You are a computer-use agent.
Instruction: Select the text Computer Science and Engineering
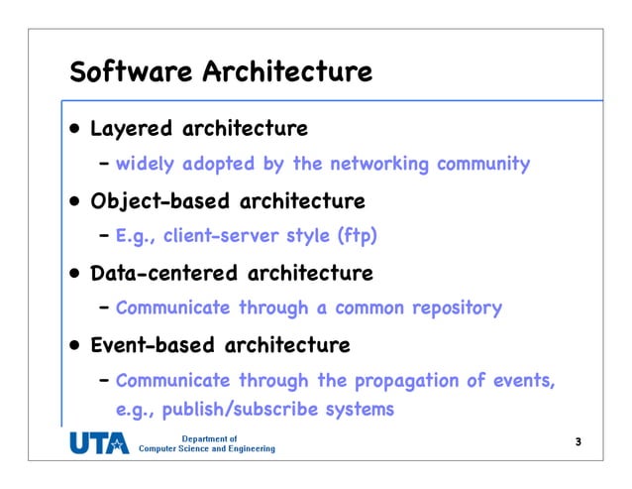tap(206, 449)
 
